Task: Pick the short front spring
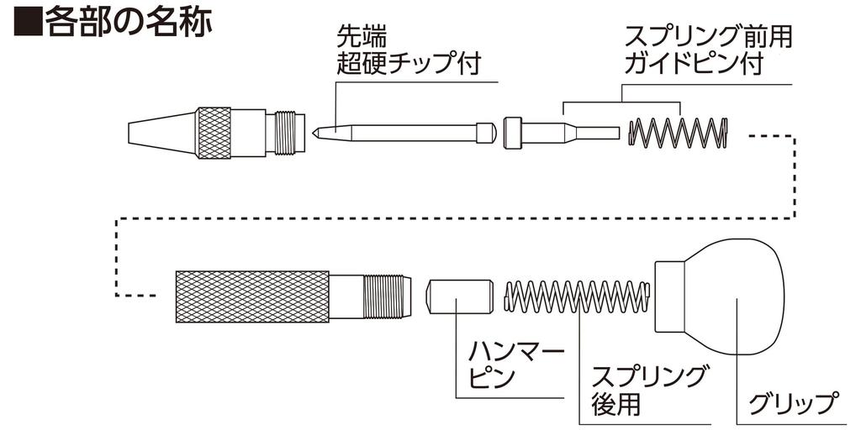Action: [679, 133]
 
